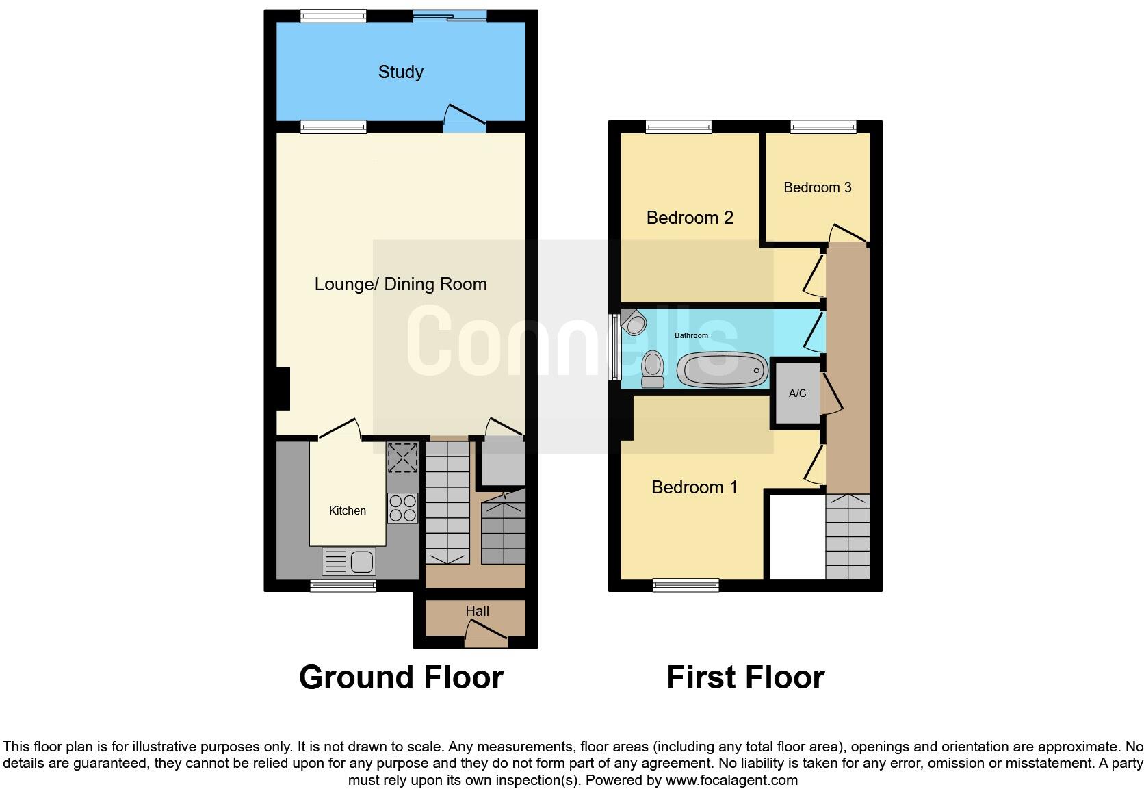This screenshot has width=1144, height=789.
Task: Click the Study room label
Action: pos(400,72)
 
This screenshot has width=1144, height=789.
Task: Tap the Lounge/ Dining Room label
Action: pos(400,284)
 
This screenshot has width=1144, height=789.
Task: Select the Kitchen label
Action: pos(348,510)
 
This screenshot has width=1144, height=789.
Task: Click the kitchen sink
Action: pos(349,562)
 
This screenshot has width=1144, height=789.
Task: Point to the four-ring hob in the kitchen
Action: pos(402,508)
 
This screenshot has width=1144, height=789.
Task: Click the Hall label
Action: pos(477,611)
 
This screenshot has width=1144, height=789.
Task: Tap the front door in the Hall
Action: pos(486,640)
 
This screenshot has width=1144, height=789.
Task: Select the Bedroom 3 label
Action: pos(817,187)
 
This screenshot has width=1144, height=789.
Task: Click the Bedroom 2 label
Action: pos(690,218)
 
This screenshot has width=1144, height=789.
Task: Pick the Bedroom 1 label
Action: pos(694,487)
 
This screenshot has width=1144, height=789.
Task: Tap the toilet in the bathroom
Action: pos(653,370)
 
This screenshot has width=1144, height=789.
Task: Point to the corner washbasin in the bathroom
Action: pos(633,322)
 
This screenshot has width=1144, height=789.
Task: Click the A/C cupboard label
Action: pos(797,393)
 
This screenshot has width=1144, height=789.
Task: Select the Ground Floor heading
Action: pos(401,677)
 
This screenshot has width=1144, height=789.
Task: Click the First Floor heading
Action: pos(745,677)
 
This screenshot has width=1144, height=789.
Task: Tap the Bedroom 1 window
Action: pos(686,585)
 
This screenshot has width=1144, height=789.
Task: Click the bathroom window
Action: pos(614,347)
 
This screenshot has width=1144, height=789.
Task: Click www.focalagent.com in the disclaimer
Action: pos(731,779)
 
